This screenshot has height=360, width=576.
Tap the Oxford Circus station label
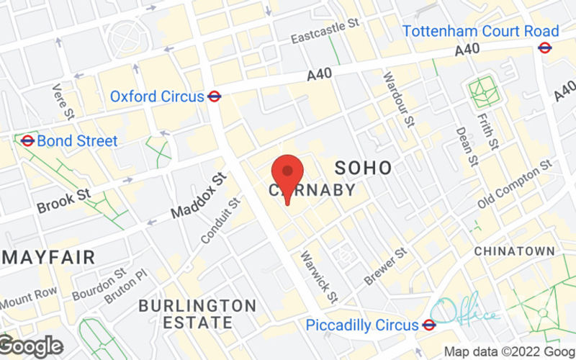coord(157,96)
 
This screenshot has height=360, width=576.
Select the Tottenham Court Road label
coord(481,31)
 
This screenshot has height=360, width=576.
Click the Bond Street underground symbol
coord(27,140)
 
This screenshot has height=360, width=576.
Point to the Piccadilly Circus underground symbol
coord(429,325)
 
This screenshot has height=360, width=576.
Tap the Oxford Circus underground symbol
coord(215,96)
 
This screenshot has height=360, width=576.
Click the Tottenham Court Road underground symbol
coord(545,48)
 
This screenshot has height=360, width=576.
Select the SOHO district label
coord(364,168)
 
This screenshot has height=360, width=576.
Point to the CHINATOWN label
coord(514,251)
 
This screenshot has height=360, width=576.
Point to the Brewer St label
coord(385,266)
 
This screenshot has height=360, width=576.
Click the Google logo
coord(31,346)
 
